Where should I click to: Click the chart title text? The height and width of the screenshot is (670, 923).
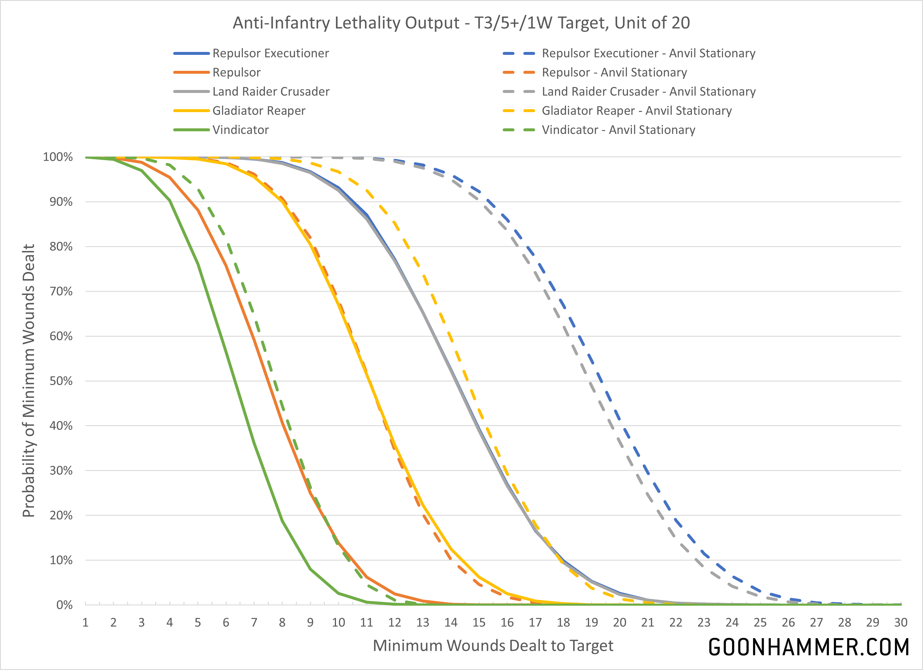(461, 23)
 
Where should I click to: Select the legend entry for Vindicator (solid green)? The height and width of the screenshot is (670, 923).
(240, 130)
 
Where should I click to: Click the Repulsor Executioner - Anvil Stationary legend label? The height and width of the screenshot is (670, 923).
(648, 53)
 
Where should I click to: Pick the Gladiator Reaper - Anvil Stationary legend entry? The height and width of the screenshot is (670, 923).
(637, 111)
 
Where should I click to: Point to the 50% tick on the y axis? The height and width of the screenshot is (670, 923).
(61, 381)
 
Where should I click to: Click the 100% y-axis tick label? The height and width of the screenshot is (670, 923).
(58, 157)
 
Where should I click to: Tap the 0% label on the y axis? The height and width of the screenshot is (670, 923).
(64, 605)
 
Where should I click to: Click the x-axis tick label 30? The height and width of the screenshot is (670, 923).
(901, 623)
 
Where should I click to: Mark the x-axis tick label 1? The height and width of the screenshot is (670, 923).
(86, 623)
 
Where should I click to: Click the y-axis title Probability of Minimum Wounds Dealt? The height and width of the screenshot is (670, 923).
(29, 381)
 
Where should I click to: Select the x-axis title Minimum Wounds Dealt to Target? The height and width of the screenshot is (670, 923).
(493, 646)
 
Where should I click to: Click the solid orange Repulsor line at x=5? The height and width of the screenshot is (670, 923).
(198, 210)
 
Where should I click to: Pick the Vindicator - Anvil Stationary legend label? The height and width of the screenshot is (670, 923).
(618, 130)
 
